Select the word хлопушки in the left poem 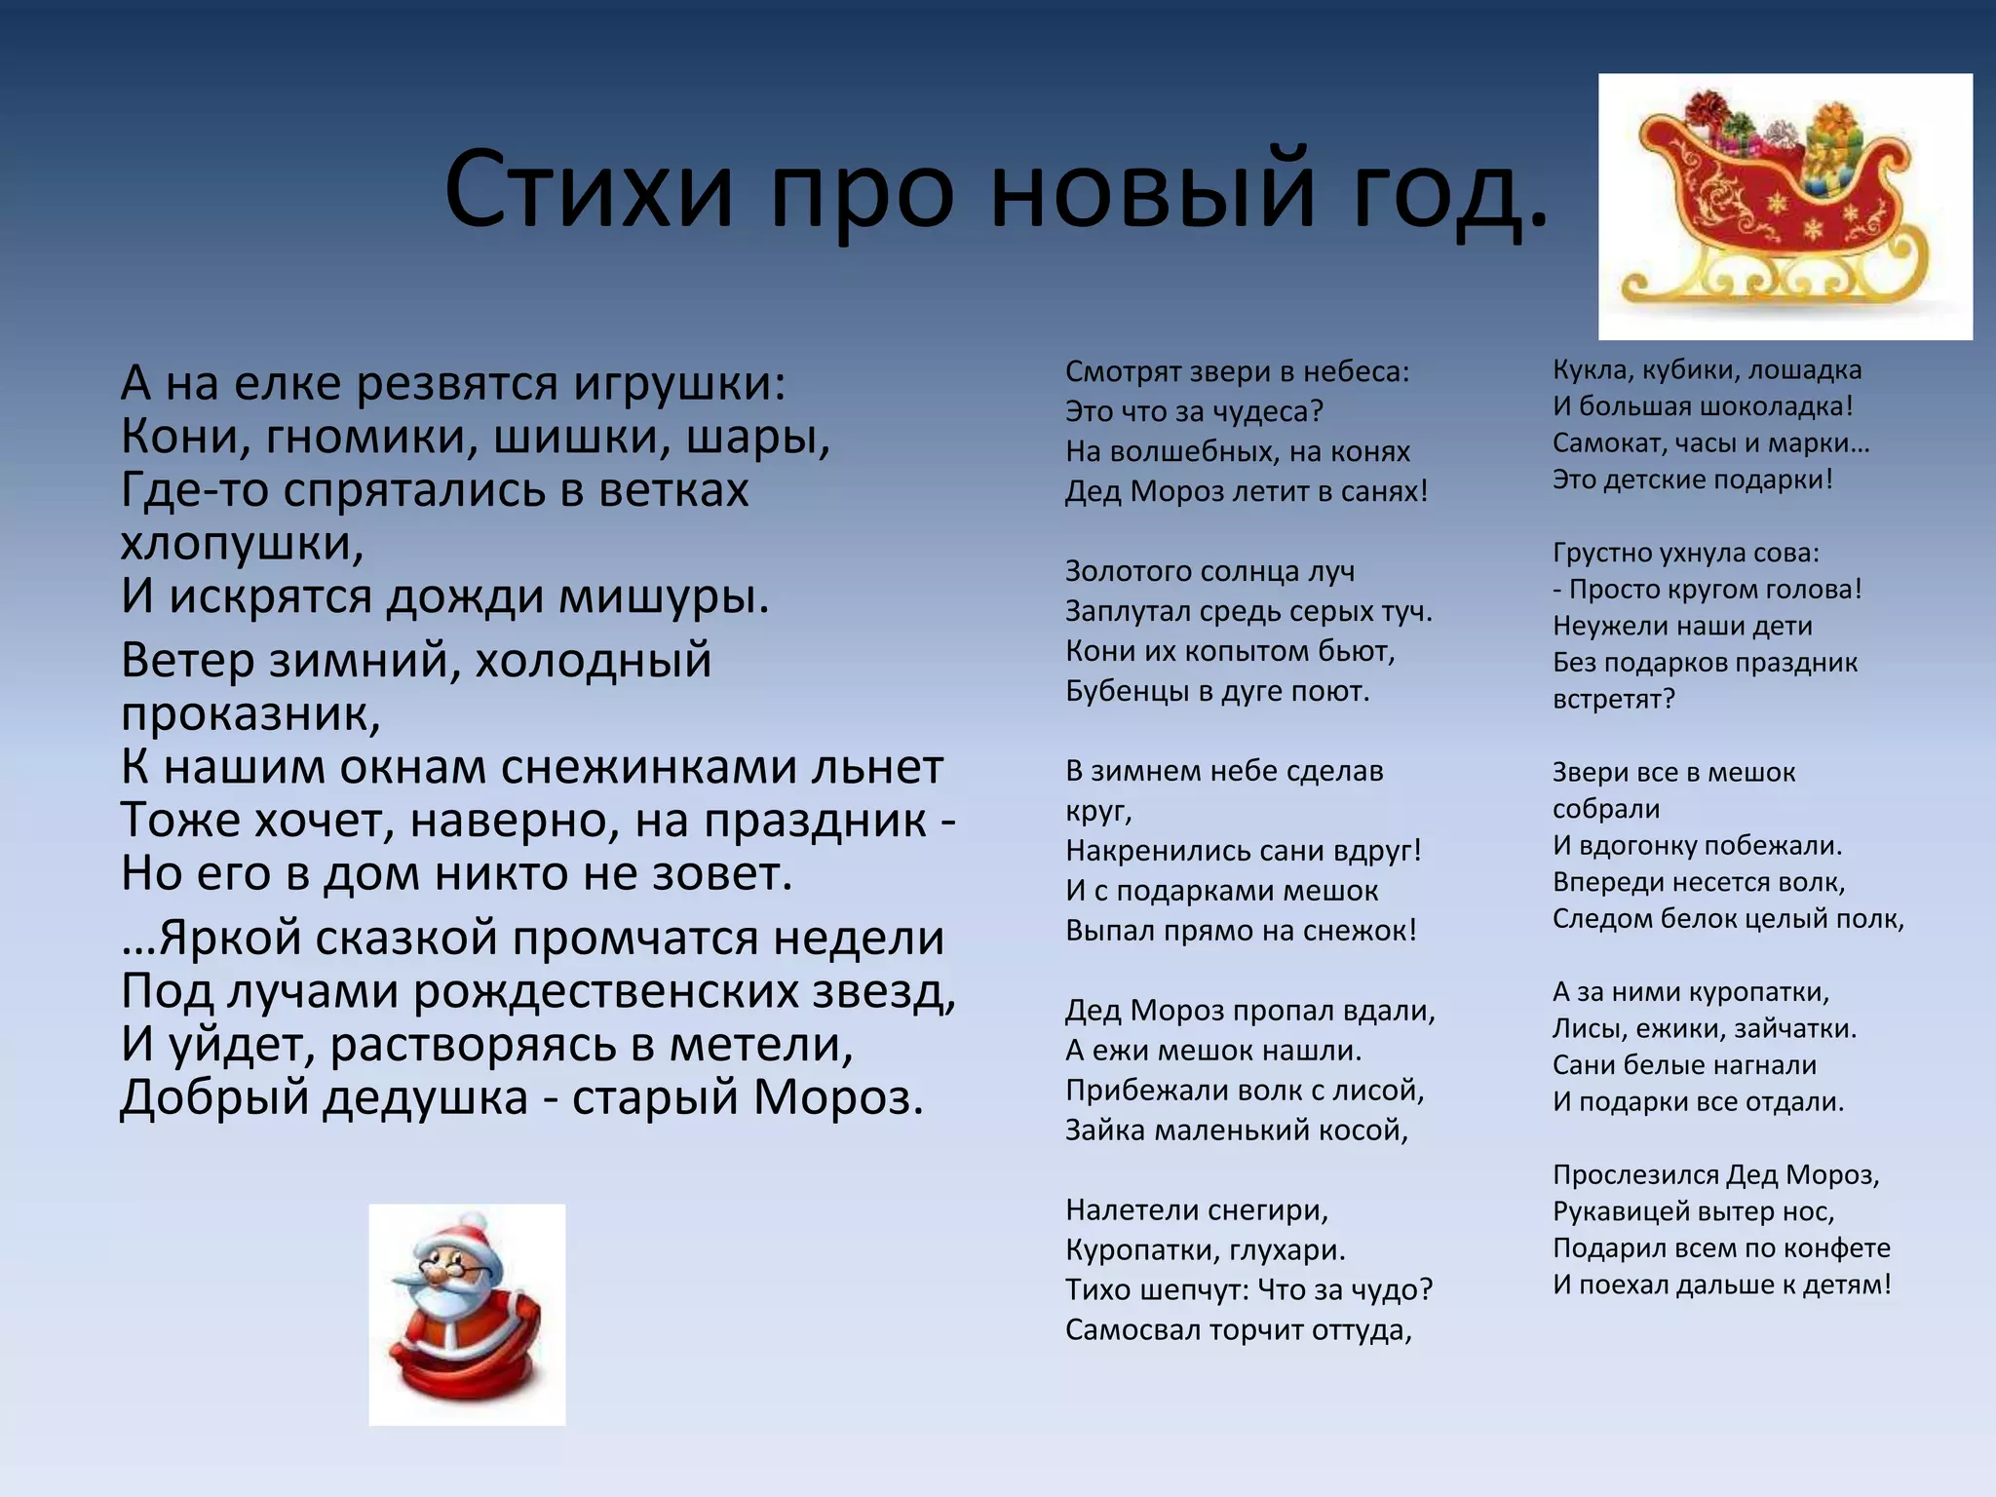241,544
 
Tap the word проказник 249,714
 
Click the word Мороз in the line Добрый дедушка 836,1098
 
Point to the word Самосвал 1132,1330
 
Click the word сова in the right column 1785,553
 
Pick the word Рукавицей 1619,1211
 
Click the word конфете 1831,1248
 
